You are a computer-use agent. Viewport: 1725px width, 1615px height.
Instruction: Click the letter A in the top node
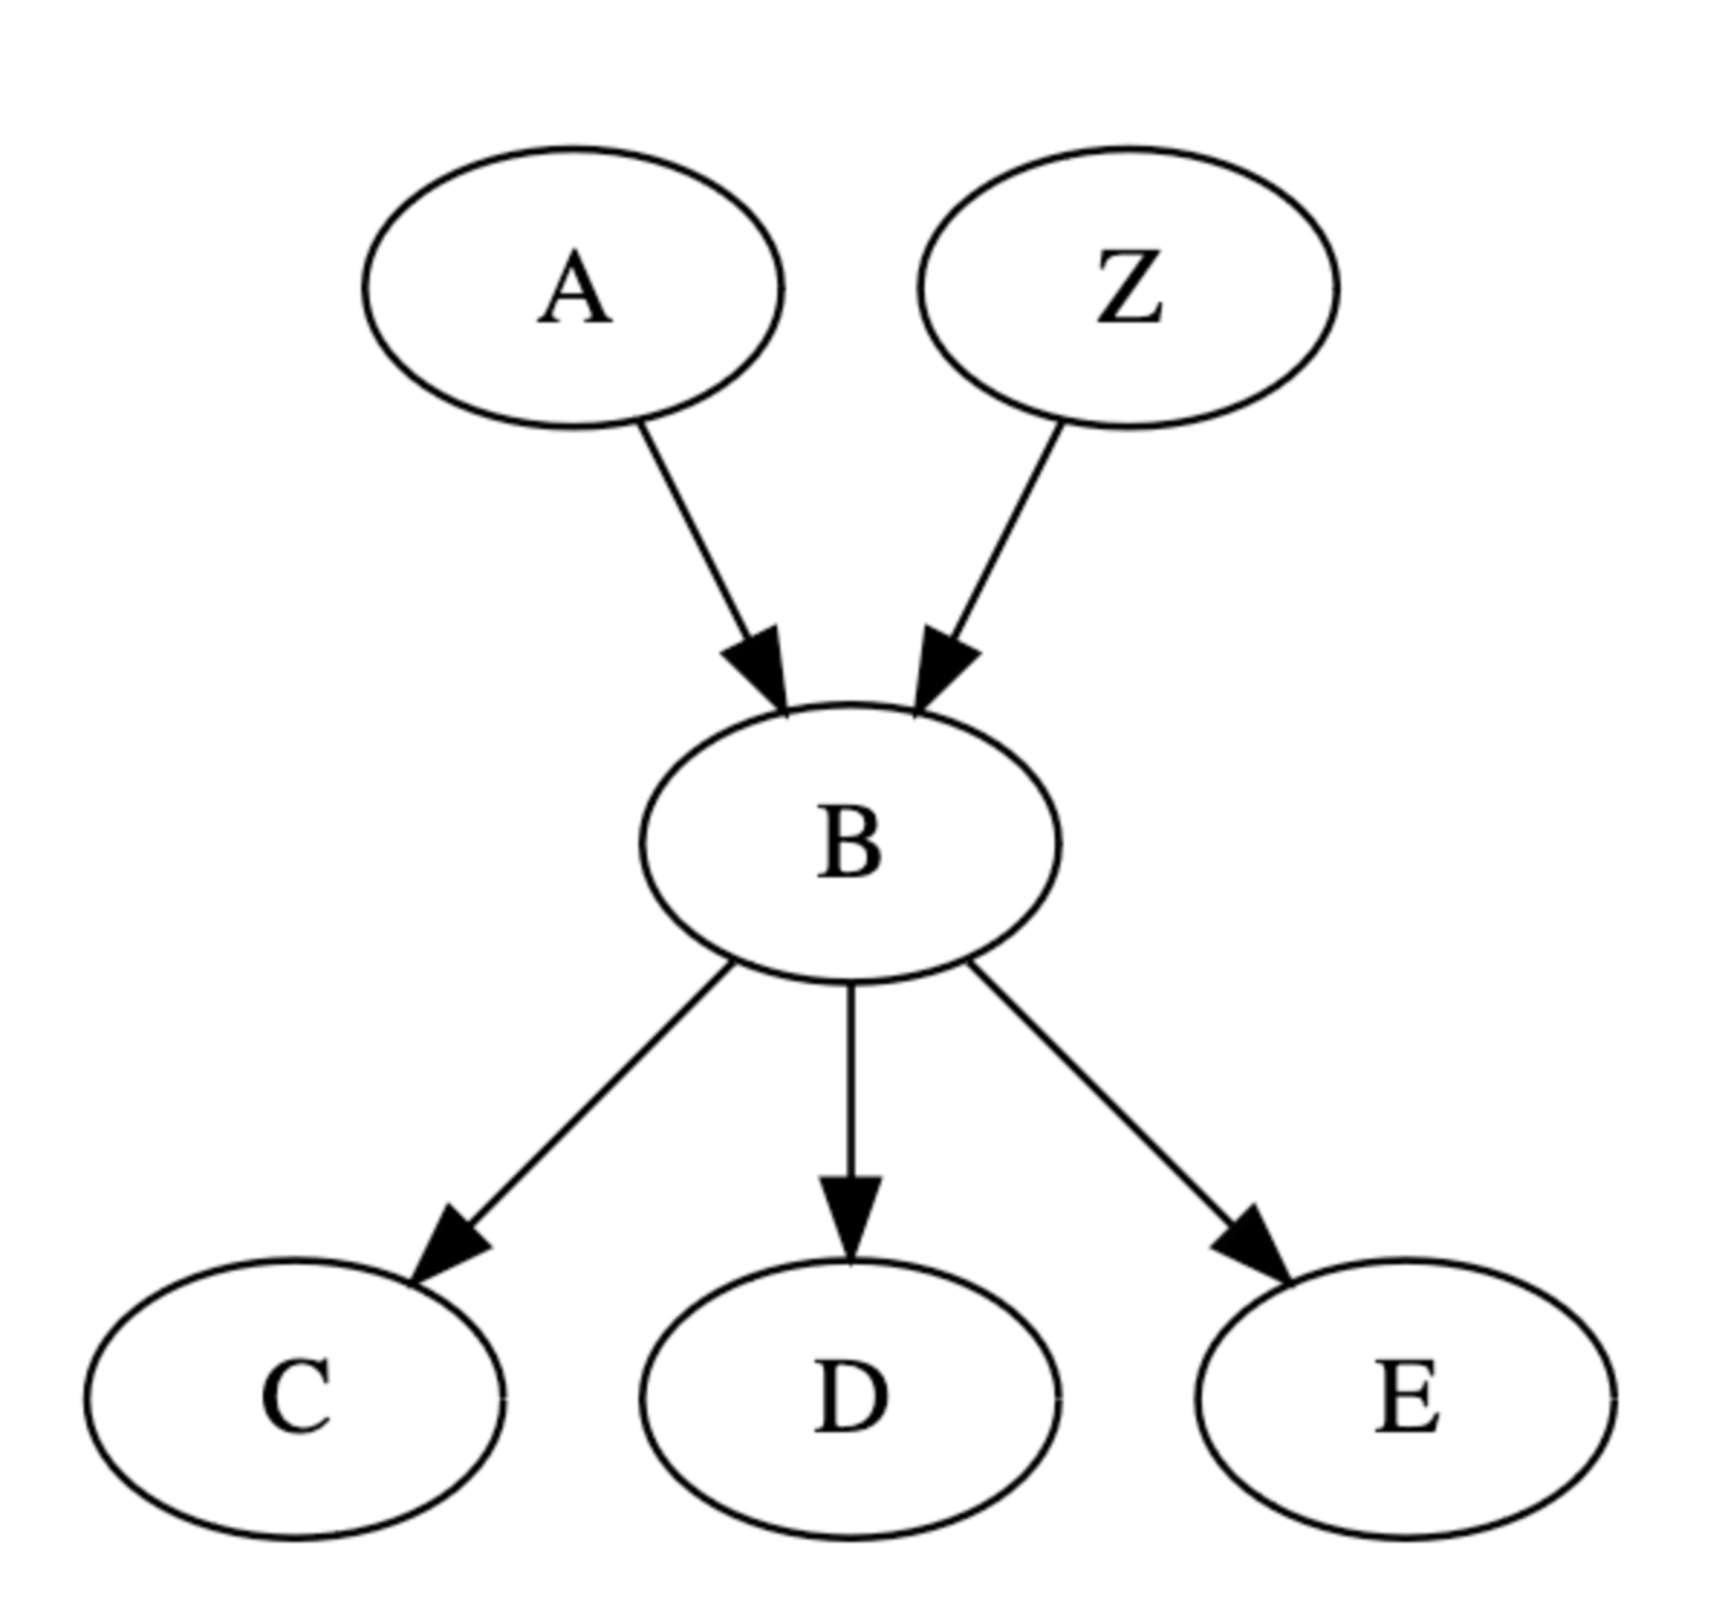[x=574, y=289]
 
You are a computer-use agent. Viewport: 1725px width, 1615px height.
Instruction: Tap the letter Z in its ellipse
[x=1129, y=289]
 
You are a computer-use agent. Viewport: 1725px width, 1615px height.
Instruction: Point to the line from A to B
[x=694, y=530]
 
